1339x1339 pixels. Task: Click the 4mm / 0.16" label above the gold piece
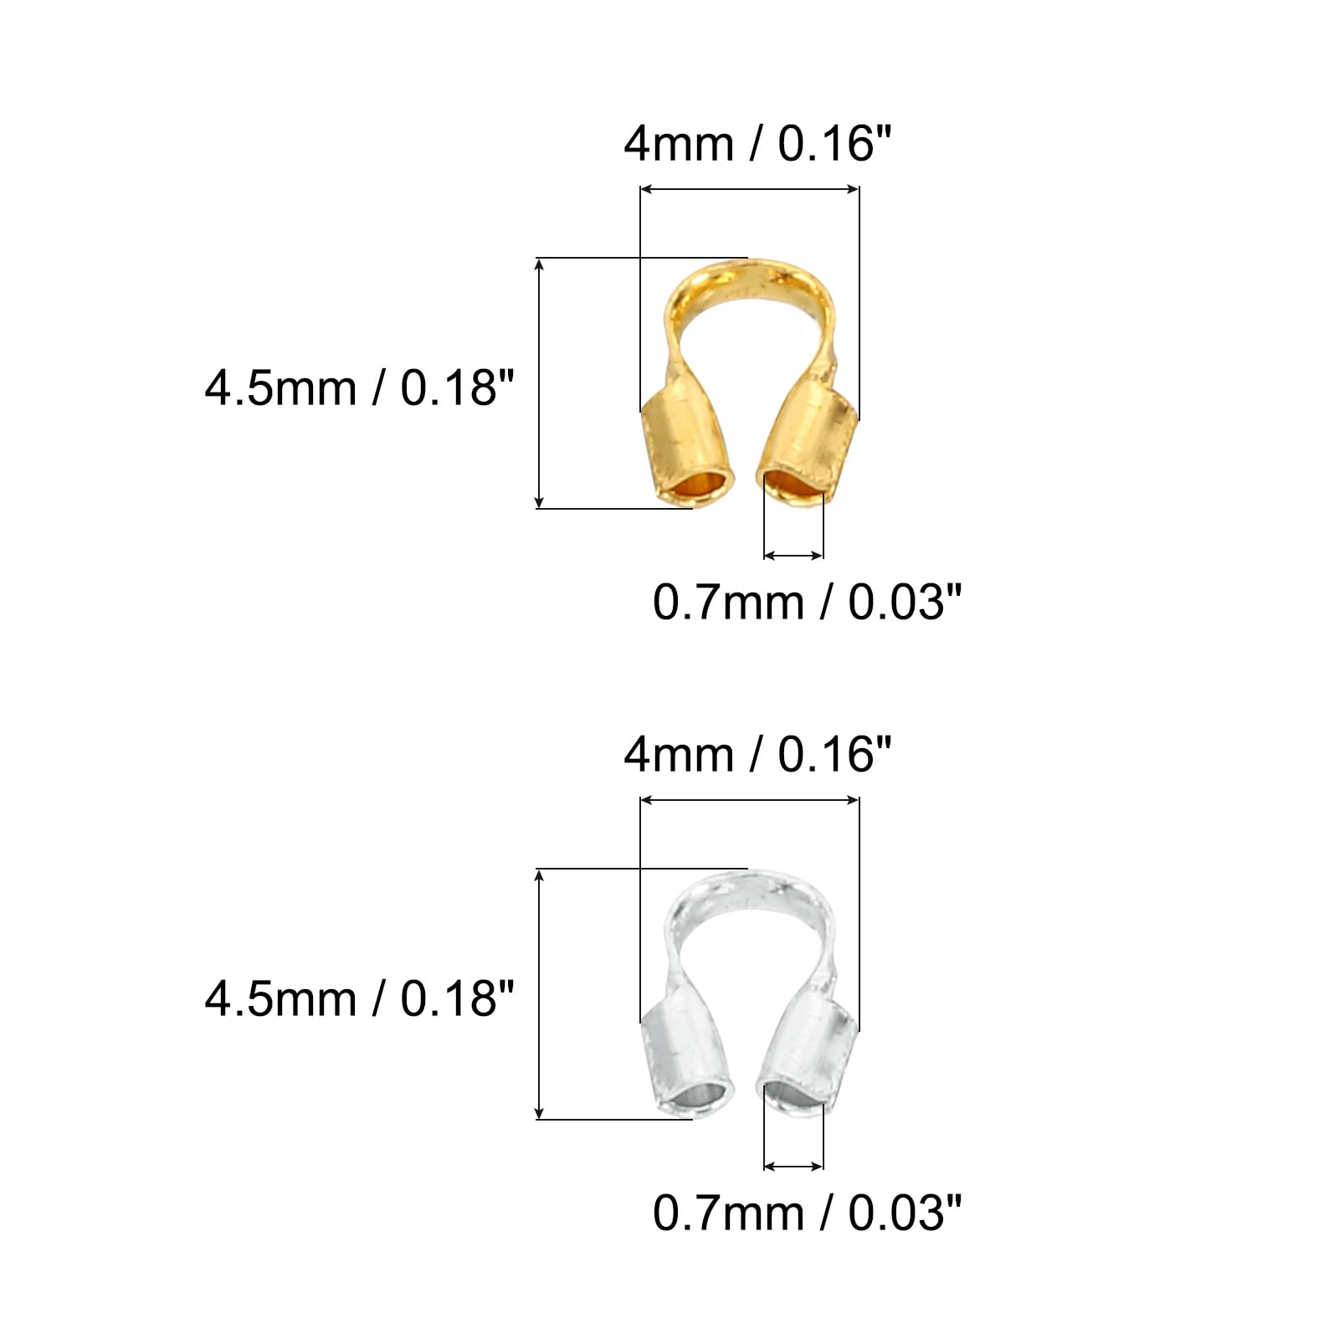pyautogui.click(x=758, y=144)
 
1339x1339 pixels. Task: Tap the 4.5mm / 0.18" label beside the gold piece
pyautogui.click(x=359, y=388)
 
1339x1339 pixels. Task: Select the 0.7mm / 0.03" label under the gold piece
pyautogui.click(x=808, y=602)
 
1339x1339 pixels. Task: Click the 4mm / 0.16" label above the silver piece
pyautogui.click(x=758, y=755)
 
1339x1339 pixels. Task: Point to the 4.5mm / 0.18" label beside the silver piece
pyautogui.click(x=359, y=999)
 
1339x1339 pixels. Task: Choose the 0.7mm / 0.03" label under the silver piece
pyautogui.click(x=808, y=1213)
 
